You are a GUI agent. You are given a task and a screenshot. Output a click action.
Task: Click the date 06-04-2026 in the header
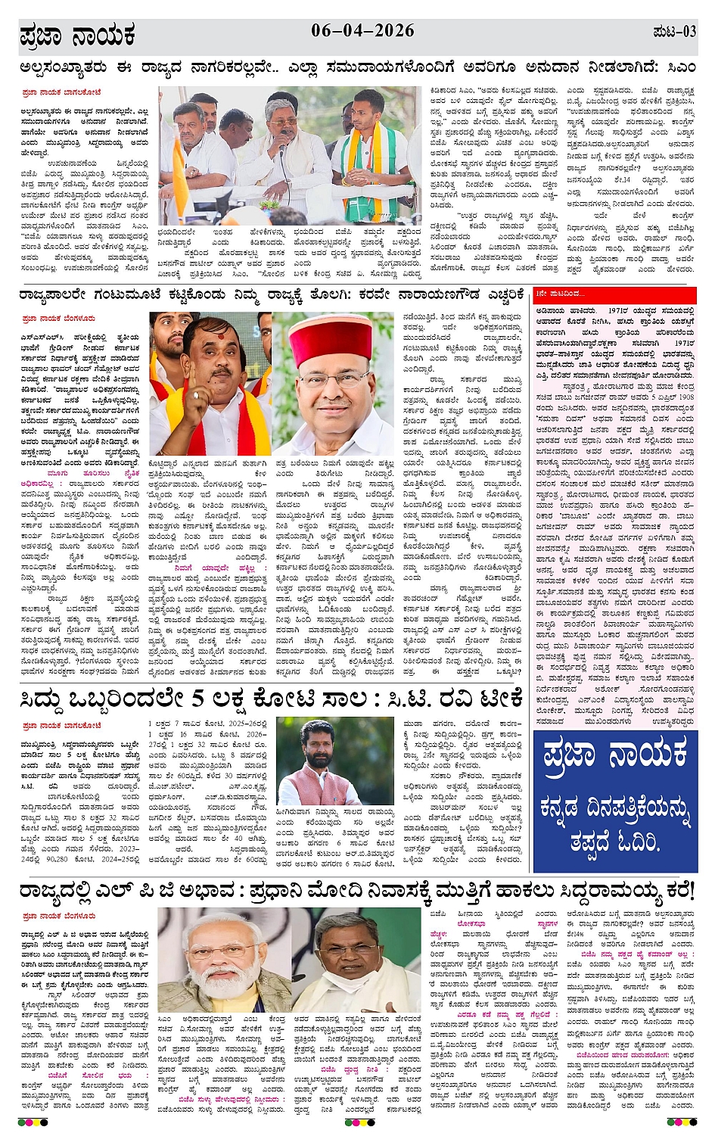pyautogui.click(x=362, y=31)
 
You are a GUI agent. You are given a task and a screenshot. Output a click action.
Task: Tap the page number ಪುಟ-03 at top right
pyautogui.click(x=674, y=32)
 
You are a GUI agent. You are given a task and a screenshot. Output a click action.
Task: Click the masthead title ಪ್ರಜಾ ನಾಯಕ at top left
pyautogui.click(x=77, y=35)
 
